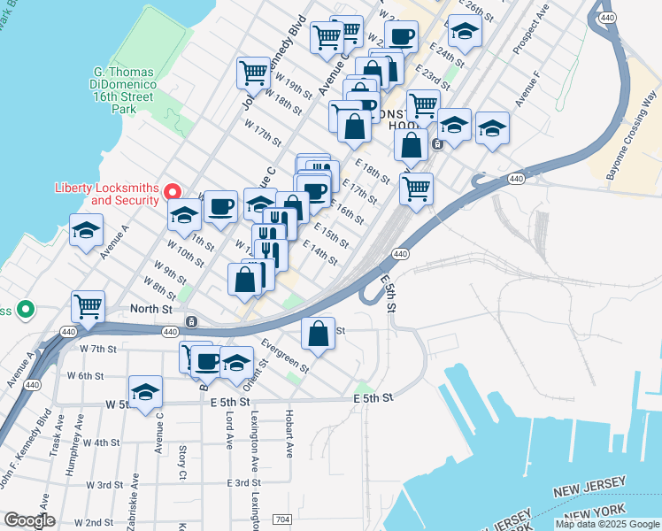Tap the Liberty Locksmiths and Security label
[x=106, y=193]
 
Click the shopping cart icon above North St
[x=88, y=307]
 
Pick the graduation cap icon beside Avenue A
[x=85, y=231]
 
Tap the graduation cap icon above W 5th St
[x=146, y=391]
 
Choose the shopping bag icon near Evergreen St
[x=319, y=334]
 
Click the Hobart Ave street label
[x=289, y=433]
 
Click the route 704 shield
[x=283, y=518]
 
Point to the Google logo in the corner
[x=29, y=520]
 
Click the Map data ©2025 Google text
[x=607, y=524]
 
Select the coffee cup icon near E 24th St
[x=401, y=36]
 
